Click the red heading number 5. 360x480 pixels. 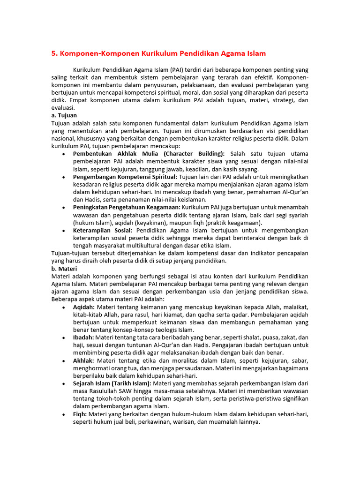[53, 54]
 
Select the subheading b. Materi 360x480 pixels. [64, 269]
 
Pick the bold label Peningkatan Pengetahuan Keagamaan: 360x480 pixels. [127, 207]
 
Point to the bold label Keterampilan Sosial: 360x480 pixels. [103, 230]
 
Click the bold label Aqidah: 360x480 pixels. [84, 307]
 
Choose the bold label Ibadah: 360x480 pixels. [83, 337]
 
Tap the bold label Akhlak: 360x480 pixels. [83, 360]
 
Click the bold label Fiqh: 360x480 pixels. [81, 414]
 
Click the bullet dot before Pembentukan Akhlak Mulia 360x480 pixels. [63, 154]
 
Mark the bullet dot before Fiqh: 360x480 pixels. [63, 414]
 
